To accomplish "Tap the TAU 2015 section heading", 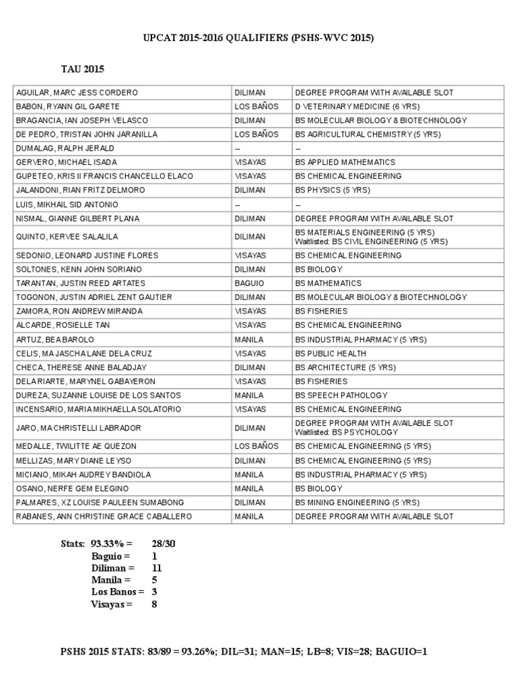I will coord(83,69).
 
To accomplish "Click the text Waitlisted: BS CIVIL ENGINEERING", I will coord(371,242).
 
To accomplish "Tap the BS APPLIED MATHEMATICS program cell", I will coord(345,162).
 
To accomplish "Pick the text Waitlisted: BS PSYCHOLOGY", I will coord(347,433).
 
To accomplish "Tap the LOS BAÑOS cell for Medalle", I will coord(256,446).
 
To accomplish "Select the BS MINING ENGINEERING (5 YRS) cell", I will coord(357,503).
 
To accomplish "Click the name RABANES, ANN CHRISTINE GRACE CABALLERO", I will coord(104,517).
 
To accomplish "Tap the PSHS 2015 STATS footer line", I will coord(244,651).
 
